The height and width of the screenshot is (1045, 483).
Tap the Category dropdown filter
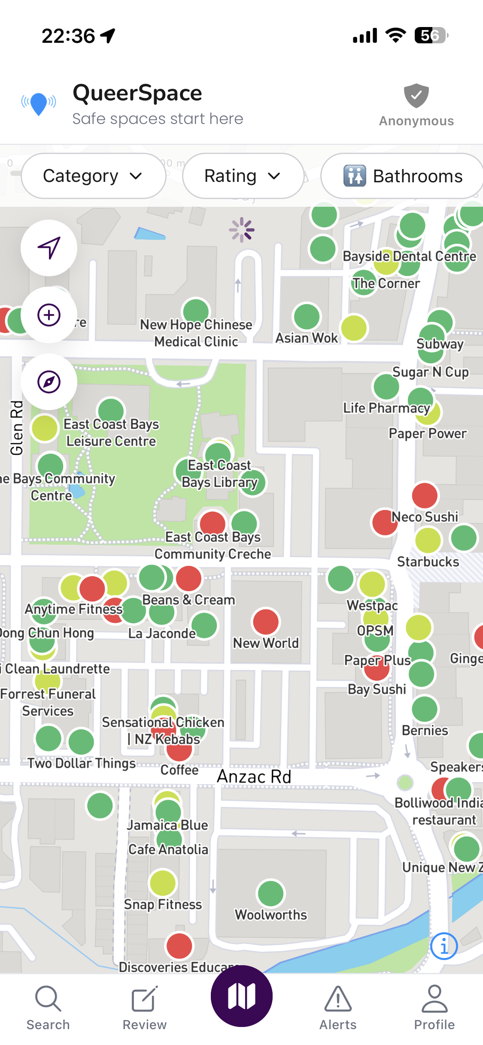(93, 176)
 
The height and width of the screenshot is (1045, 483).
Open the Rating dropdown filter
(243, 176)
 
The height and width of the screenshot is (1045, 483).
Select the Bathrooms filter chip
(403, 176)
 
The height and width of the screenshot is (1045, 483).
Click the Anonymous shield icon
(416, 96)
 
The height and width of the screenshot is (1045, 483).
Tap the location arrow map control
(49, 248)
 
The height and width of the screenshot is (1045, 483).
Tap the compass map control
(49, 382)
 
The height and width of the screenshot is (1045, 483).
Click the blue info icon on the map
(444, 946)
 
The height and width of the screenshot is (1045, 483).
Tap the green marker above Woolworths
(270, 894)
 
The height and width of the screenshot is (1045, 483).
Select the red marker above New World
(266, 622)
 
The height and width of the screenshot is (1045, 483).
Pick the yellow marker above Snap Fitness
(163, 883)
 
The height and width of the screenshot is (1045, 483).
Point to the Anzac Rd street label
(254, 777)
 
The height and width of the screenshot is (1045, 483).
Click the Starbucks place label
(428, 562)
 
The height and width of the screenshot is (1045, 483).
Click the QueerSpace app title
(137, 93)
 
